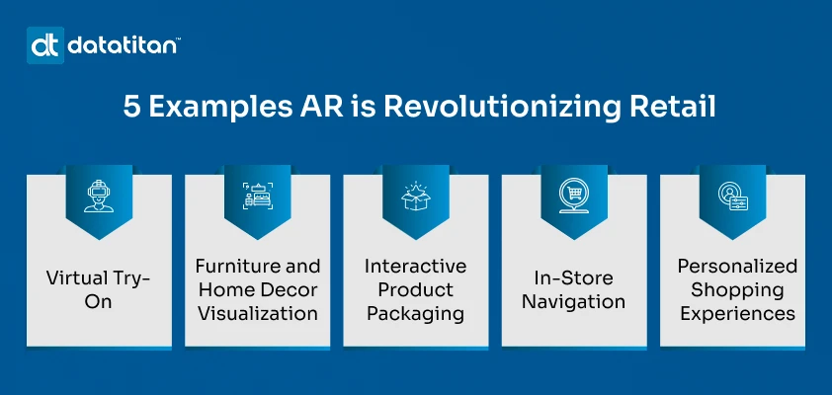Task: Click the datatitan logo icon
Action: pyautogui.click(x=45, y=45)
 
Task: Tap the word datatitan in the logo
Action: pyautogui.click(x=122, y=45)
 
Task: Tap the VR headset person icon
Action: pyautogui.click(x=98, y=194)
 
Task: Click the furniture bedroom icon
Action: pyautogui.click(x=257, y=194)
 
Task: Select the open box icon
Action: pyautogui.click(x=415, y=194)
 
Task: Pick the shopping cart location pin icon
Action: pyautogui.click(x=574, y=194)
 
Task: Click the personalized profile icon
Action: pyautogui.click(x=732, y=194)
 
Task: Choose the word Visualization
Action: pyautogui.click(x=257, y=314)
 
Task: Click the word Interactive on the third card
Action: pyautogui.click(x=415, y=267)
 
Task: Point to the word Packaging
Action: pyautogui.click(x=415, y=314)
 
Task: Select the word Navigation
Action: pyautogui.click(x=574, y=302)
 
